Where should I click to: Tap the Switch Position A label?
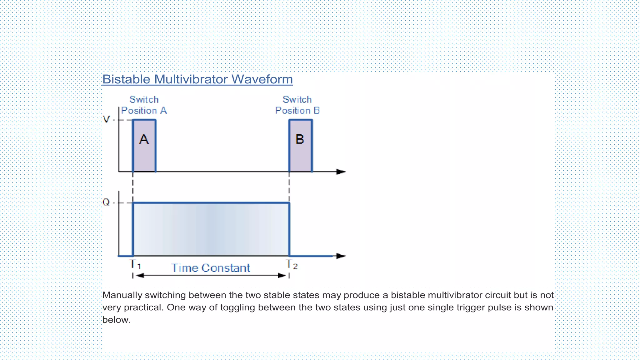[144, 105]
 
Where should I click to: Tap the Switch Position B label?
[297, 105]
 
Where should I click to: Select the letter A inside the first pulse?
[144, 139]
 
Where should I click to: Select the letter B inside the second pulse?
[300, 139]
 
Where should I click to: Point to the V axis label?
[106, 119]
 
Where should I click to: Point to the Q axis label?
[106, 202]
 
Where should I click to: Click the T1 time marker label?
[135, 264]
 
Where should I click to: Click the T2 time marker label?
[292, 265]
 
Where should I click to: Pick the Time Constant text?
[211, 268]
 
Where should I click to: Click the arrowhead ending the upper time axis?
[341, 172]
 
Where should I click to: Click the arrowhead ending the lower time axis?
[341, 256]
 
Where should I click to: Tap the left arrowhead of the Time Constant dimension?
[140, 276]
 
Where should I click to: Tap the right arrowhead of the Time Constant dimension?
[282, 276]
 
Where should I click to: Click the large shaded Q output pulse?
[211, 229]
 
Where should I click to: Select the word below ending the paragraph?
[116, 320]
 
